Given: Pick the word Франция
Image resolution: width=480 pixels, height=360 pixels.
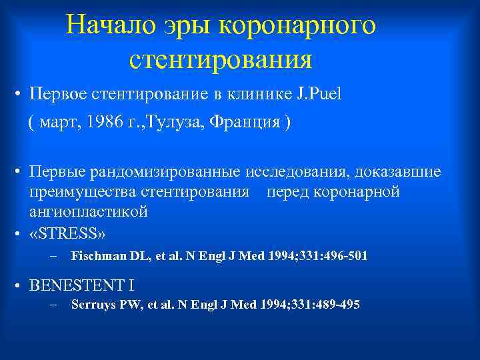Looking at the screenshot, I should coord(250,124).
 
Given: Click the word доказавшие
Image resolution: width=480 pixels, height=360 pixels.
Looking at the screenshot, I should coord(398,173).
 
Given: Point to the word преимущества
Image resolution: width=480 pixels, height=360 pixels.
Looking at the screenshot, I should coord(82,192).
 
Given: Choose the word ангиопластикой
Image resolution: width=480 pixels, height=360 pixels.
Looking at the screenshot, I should coord(88,211).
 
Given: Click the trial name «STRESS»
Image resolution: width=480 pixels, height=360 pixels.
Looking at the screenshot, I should coord(68,234).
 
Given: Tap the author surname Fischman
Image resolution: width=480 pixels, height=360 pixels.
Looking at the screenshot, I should coord(99,256).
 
